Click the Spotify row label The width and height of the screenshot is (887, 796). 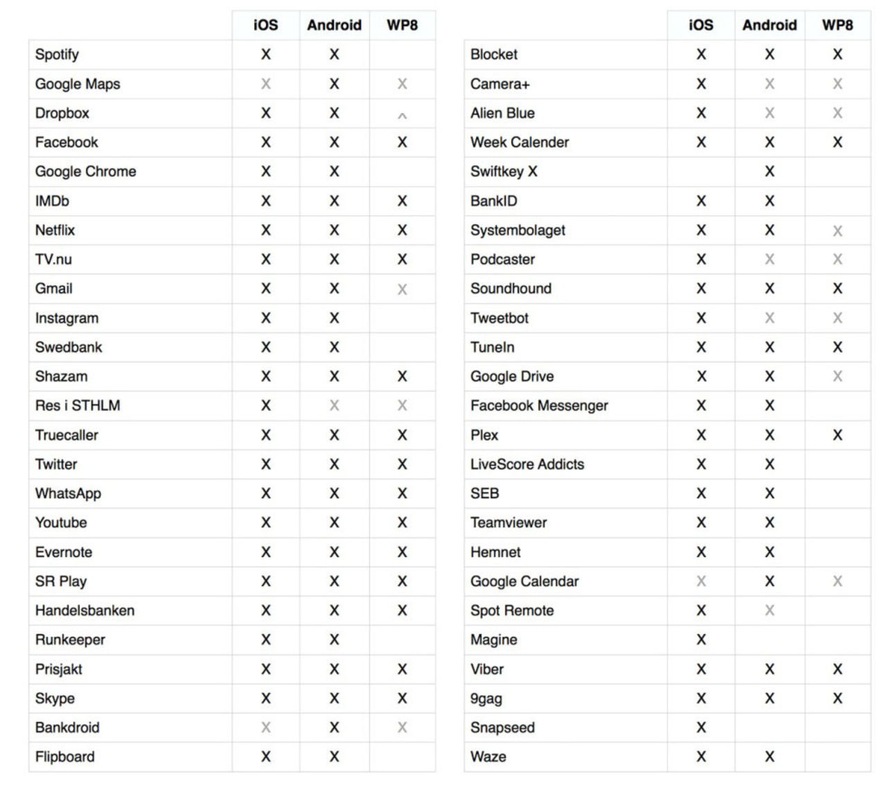57,54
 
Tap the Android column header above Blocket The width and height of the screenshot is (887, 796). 769,25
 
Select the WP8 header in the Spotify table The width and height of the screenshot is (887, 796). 402,25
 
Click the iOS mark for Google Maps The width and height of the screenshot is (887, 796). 265,84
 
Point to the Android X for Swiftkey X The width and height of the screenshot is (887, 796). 769,171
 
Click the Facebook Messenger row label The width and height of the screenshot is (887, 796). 538,405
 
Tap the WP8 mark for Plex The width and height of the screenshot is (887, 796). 837,435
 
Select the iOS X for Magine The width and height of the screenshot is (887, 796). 701,639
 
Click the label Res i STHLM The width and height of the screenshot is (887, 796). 78,405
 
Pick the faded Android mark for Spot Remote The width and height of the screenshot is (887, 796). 769,610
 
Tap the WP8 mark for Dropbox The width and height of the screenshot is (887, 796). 402,115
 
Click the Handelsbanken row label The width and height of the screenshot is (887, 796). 85,610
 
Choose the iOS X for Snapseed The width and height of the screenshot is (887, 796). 701,727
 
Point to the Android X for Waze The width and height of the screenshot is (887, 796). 769,757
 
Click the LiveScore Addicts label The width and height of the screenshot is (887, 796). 527,464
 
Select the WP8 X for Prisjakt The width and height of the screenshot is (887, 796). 402,669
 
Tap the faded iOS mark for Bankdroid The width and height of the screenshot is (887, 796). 265,727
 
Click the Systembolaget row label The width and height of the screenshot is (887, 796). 518,230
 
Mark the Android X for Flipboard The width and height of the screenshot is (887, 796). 334,757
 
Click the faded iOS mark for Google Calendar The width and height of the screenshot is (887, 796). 701,581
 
